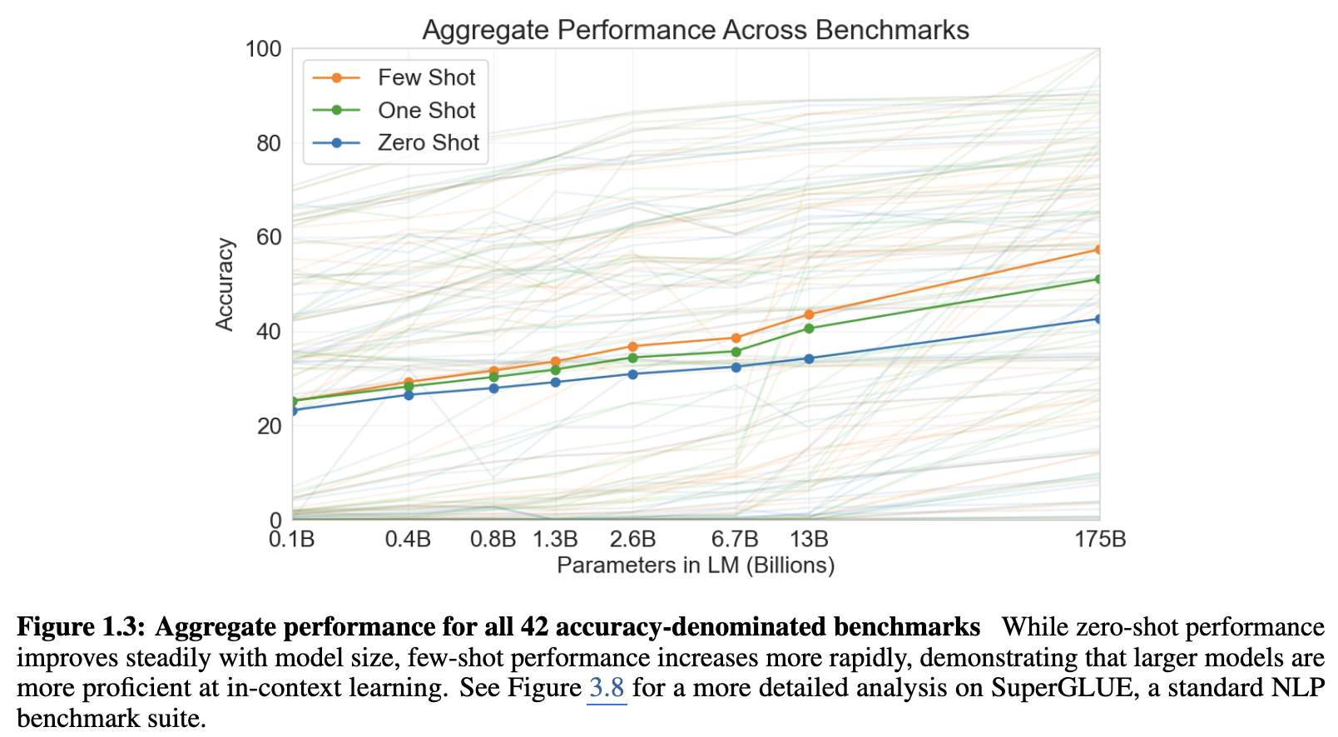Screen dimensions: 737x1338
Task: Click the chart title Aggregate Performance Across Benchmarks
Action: [695, 30]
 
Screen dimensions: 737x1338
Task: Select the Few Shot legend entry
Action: [426, 77]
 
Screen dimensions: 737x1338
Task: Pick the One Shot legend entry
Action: [426, 111]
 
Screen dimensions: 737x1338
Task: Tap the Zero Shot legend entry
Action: [428, 143]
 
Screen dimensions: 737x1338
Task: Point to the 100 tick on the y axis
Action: [263, 49]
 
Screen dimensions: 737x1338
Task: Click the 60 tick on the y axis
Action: [269, 237]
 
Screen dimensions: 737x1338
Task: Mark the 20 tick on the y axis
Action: [269, 426]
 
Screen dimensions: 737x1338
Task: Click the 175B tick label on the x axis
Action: [1099, 540]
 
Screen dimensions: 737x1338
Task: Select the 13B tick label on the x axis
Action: [809, 540]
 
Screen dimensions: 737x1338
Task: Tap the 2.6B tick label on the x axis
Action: [632, 540]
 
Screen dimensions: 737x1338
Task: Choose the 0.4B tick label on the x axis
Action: [408, 540]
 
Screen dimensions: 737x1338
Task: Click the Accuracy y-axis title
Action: [225, 284]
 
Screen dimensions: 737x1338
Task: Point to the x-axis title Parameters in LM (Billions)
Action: [695, 566]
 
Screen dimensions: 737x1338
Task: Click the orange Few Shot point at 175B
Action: [1098, 250]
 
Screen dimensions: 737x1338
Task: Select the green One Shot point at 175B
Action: [1098, 279]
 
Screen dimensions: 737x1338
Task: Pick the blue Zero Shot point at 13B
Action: [809, 359]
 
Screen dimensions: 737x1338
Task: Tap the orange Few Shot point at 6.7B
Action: [736, 338]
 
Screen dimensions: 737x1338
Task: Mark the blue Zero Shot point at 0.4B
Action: [409, 394]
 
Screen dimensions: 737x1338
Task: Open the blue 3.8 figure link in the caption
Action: [607, 688]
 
